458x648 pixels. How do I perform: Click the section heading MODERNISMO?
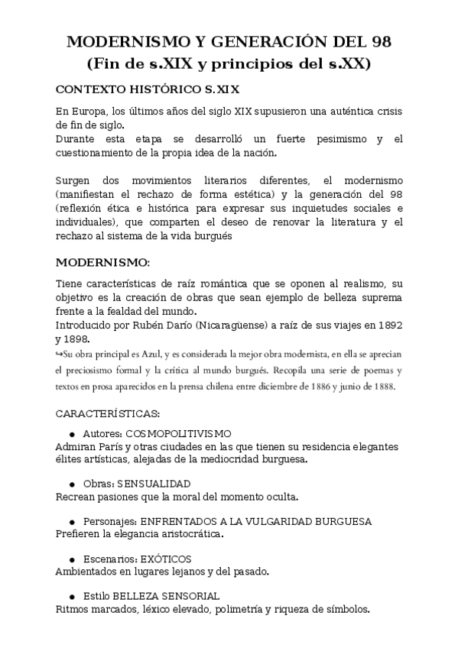click(103, 262)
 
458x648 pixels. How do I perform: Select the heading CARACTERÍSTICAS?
click(108, 414)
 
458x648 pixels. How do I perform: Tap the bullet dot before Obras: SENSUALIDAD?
click(72, 484)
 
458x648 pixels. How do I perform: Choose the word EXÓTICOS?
click(166, 559)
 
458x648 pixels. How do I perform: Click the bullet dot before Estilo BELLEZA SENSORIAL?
click(72, 596)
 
